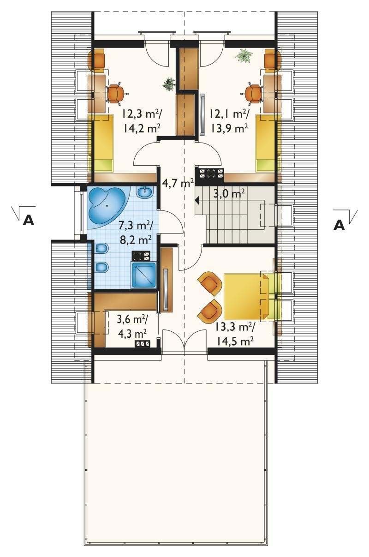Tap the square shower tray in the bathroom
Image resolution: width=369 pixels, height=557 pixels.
[143, 275]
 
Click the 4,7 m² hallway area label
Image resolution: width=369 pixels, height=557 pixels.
[178, 184]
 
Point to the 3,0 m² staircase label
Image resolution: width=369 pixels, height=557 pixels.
[229, 193]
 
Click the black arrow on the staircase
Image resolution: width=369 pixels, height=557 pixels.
[198, 200]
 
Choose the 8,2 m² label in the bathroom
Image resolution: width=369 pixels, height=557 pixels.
[136, 240]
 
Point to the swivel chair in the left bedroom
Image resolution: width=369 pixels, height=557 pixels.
[116, 94]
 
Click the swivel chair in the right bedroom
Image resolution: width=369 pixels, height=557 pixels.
[252, 94]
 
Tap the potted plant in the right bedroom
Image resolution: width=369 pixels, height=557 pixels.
[244, 56]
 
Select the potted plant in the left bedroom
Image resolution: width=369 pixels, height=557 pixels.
[169, 84]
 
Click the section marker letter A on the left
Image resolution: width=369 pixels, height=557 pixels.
[28, 220]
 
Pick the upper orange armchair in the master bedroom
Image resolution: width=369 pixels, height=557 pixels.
[210, 283]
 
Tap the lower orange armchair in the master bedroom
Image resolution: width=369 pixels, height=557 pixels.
[210, 311]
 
